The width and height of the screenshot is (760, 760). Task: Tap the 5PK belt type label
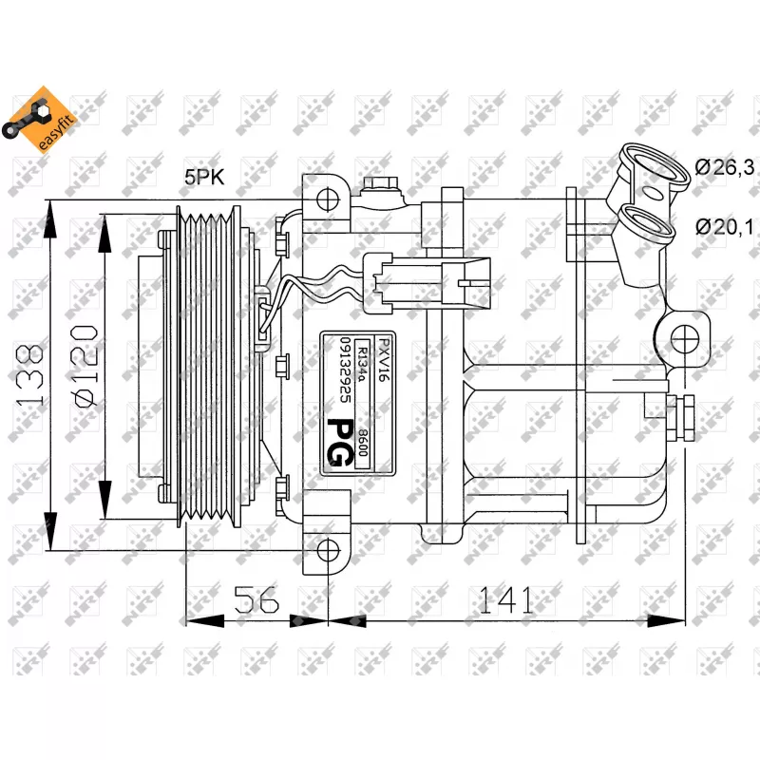point(204,178)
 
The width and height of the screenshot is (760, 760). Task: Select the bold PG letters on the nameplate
point(336,443)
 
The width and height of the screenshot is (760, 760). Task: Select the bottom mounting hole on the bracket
point(328,550)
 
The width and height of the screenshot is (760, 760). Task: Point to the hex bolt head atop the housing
point(381,184)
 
